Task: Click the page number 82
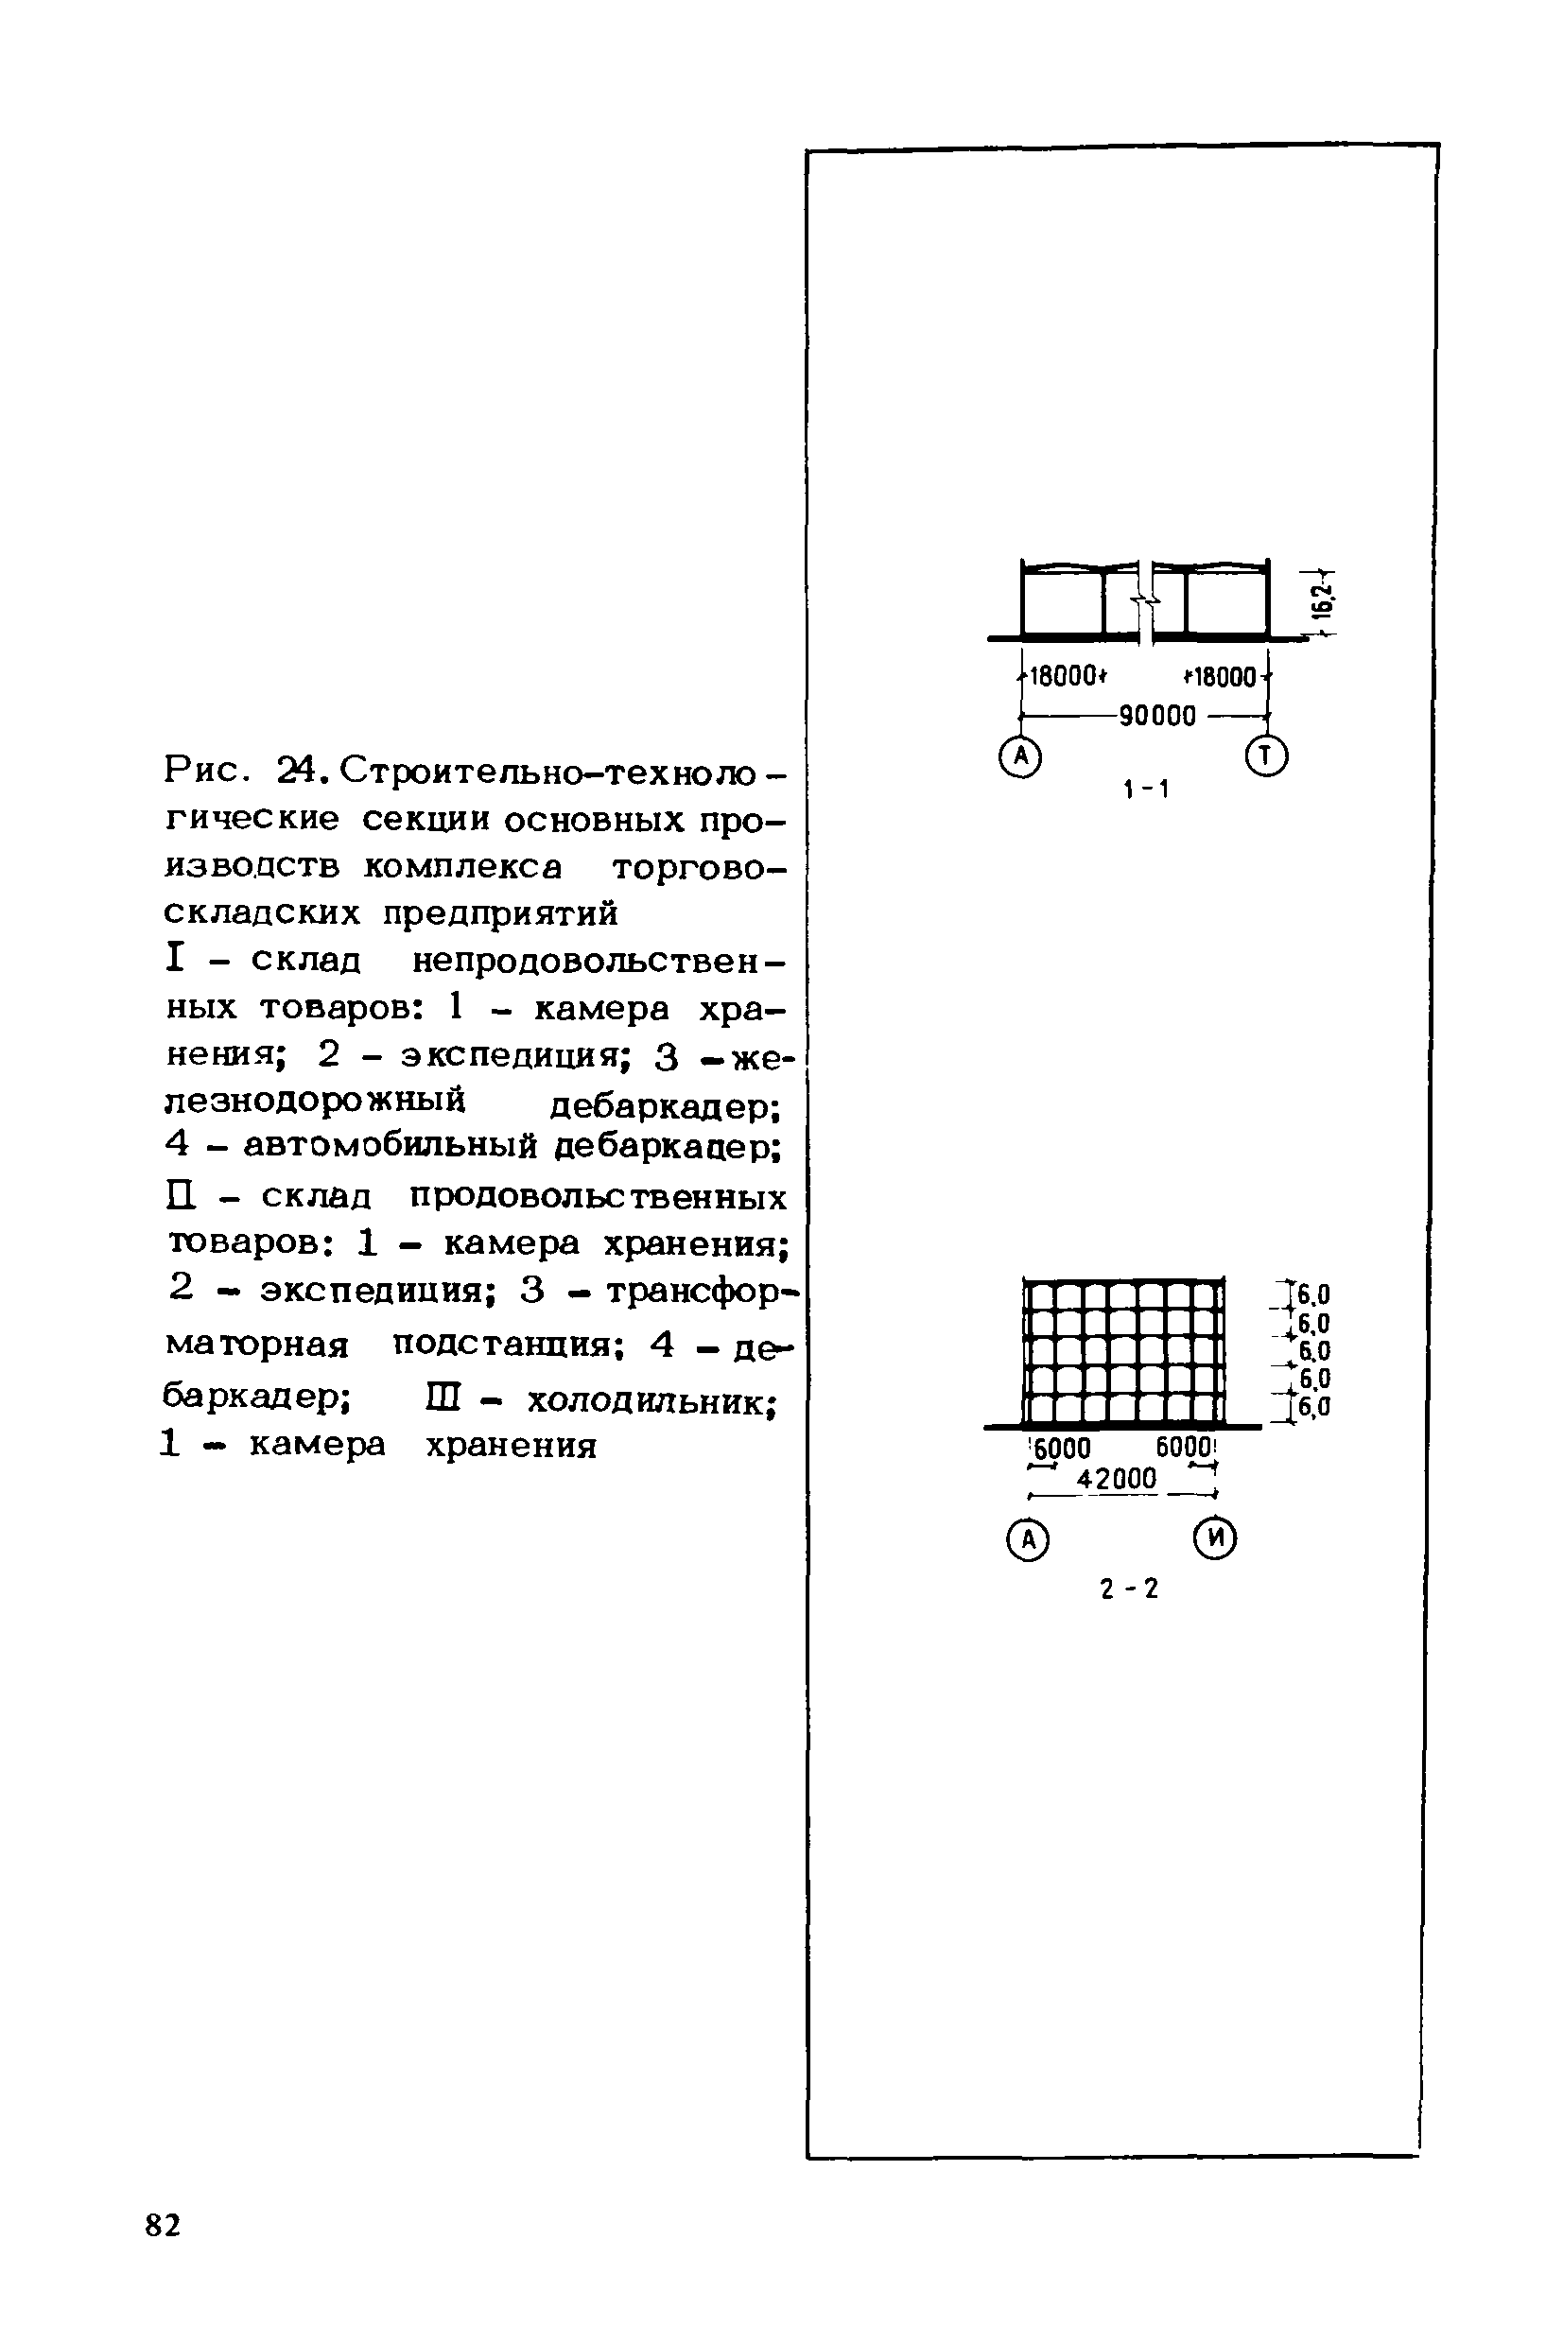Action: click(164, 2226)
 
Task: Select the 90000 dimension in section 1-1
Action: click(1156, 716)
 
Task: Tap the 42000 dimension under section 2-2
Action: click(1117, 1478)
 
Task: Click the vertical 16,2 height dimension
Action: click(1322, 601)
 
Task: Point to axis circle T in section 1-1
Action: click(1267, 756)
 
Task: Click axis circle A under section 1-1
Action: click(1019, 757)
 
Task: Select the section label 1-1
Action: click(1146, 790)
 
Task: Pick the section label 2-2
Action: click(1129, 1589)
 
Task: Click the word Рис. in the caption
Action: click(204, 770)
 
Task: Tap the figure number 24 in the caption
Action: click(298, 770)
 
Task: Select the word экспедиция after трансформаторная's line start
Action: click(378, 1291)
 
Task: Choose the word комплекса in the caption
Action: click(462, 867)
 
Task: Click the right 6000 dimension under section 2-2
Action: click(1184, 1446)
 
